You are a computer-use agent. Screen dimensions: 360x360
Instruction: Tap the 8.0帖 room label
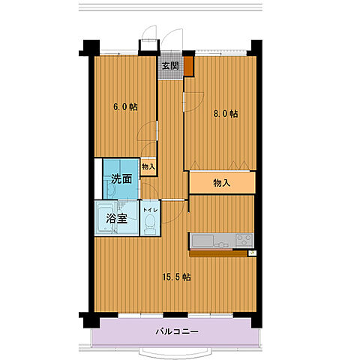[224, 114]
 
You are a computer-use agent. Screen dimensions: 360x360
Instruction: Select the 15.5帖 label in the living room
[177, 277]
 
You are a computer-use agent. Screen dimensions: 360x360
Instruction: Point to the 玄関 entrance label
[170, 65]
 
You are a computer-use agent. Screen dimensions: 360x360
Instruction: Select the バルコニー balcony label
[177, 331]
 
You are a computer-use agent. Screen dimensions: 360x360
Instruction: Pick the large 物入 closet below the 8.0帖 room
[222, 182]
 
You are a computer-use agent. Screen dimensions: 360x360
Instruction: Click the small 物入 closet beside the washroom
[148, 166]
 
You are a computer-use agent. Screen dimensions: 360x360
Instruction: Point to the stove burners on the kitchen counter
[244, 240]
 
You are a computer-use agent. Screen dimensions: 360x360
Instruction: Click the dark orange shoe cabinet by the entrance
[190, 66]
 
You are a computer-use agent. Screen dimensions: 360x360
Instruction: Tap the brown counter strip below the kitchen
[217, 253]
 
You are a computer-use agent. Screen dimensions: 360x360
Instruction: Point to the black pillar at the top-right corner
[256, 46]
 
